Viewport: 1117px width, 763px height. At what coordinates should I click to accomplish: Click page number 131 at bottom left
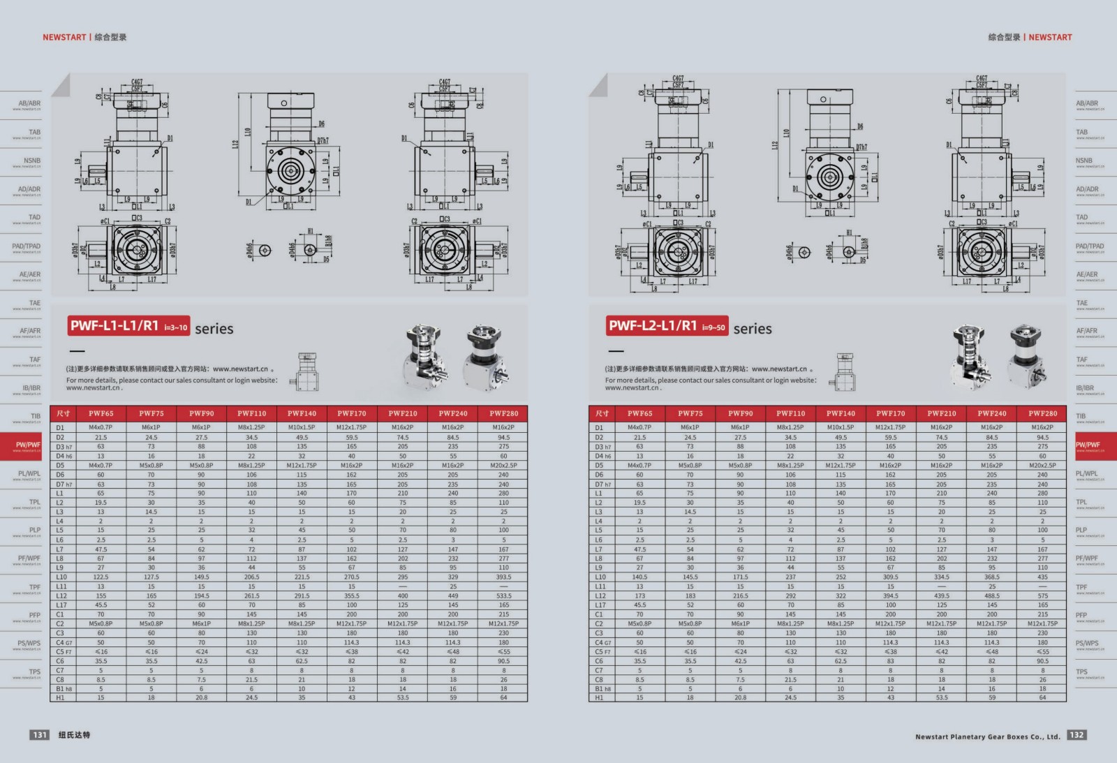(40, 734)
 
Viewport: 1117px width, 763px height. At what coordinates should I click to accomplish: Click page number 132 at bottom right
(1077, 734)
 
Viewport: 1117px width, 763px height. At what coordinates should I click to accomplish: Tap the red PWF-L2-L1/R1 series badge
(667, 326)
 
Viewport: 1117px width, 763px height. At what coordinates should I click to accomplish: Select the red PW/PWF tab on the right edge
(1089, 445)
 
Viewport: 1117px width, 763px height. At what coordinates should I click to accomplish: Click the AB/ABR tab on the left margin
(29, 104)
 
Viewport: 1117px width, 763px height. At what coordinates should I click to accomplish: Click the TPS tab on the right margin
(1082, 672)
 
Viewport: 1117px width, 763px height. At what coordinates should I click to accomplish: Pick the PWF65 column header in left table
(101, 413)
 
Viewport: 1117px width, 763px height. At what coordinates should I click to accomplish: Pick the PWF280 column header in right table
(1042, 413)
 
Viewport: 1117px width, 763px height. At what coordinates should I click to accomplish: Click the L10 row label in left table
(61, 577)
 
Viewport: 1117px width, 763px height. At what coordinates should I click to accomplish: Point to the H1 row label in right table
(599, 697)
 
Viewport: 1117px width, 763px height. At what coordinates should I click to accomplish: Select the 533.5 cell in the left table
(503, 596)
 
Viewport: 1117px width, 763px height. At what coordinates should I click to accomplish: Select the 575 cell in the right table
(1042, 596)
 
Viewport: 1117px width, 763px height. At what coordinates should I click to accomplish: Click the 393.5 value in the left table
(503, 577)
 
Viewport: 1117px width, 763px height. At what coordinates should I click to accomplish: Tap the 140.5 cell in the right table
(639, 577)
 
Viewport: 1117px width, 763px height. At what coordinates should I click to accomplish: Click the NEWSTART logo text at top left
(64, 37)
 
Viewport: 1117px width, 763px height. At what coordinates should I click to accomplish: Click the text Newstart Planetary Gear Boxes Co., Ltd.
(987, 736)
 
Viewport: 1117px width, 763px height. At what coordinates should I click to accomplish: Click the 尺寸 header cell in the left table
(63, 413)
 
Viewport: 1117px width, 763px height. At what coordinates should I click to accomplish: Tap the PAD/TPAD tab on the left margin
(27, 246)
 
